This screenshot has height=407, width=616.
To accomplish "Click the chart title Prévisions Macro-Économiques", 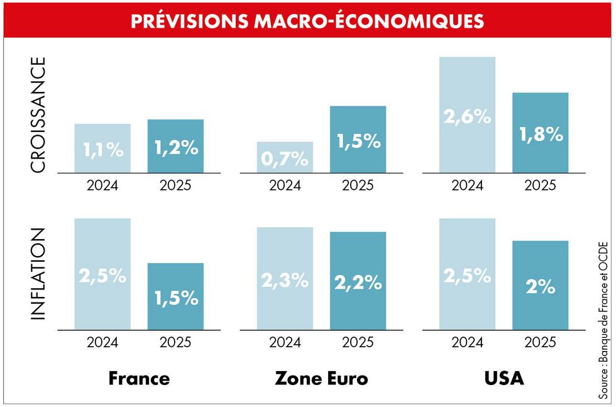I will [307, 20].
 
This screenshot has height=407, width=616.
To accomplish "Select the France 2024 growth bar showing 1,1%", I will [102, 148].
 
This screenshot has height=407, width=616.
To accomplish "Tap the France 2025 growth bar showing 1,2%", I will [175, 146].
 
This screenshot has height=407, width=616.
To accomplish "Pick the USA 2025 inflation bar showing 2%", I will [540, 285].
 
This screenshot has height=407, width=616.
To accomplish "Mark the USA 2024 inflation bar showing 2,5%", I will [467, 274].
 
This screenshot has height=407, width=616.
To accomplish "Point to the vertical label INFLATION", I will [38, 274].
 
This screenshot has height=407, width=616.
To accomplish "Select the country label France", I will [139, 379].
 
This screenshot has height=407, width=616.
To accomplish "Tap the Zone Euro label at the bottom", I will [321, 379].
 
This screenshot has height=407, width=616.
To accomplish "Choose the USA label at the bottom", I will [503, 379].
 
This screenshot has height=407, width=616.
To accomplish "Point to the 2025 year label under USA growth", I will [540, 186].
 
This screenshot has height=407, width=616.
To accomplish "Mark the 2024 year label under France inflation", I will [102, 342].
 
